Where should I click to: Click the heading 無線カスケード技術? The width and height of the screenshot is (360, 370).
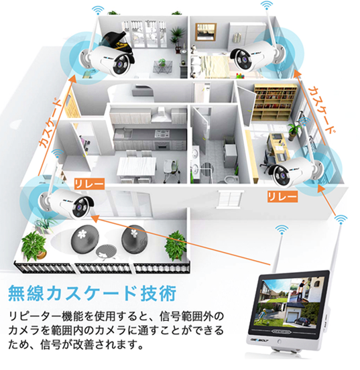[x=93, y=294]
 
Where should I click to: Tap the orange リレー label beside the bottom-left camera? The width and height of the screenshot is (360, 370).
[x=89, y=184]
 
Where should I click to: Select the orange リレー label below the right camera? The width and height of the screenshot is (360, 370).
[x=282, y=196]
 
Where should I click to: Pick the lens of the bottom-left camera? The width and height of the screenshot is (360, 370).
[x=80, y=207]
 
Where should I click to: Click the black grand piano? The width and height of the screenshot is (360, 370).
[x=117, y=44]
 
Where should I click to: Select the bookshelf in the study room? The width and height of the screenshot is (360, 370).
[x=275, y=102]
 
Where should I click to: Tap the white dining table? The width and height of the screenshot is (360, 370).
[x=137, y=166]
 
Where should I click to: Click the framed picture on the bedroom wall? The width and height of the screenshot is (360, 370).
[x=206, y=32]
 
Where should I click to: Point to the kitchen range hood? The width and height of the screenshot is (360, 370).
[x=162, y=115]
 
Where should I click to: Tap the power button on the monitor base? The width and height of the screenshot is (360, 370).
[x=280, y=341]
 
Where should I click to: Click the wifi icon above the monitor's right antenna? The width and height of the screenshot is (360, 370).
[x=341, y=219]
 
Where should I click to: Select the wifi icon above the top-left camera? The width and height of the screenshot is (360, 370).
[x=98, y=10]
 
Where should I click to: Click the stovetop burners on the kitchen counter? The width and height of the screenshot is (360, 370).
[x=162, y=134]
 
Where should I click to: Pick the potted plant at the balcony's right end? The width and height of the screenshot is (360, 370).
[x=176, y=245]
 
